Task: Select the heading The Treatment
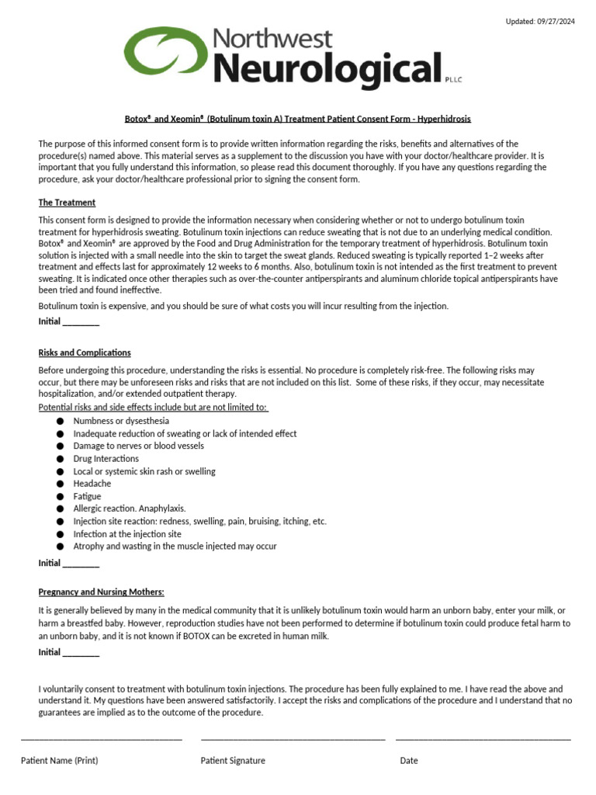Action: [68, 203]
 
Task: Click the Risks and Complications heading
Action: [85, 352]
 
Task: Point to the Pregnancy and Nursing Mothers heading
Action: [102, 592]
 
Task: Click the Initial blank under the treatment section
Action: [81, 322]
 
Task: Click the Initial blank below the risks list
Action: [81, 563]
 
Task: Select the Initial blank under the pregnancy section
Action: [81, 653]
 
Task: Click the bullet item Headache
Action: [92, 484]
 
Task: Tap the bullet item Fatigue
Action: [87, 496]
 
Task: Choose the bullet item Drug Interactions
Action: [106, 459]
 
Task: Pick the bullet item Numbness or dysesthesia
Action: [121, 421]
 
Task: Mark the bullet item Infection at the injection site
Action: [127, 534]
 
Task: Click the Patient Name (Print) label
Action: [60, 761]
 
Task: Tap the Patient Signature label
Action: [233, 761]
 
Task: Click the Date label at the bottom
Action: [409, 761]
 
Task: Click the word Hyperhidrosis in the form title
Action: [444, 119]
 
